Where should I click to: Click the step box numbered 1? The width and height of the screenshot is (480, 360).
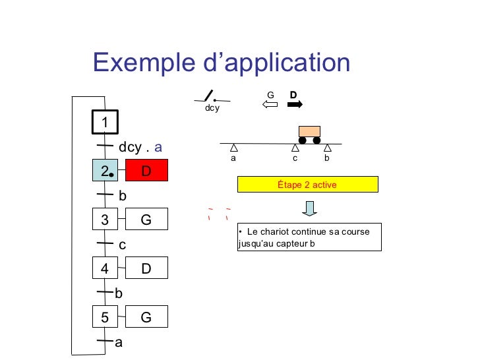point(104,122)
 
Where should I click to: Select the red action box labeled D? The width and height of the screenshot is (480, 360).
point(146,170)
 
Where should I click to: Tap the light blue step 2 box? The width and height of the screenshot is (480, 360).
point(104,170)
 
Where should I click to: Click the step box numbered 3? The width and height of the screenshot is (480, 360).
point(104,220)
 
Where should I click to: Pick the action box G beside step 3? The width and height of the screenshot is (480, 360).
point(146,220)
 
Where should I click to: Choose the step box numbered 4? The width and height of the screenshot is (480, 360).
point(104,268)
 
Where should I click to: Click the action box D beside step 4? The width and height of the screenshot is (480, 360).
point(146,268)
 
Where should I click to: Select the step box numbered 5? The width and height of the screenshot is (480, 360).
point(104,317)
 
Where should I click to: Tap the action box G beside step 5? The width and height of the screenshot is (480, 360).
point(146,317)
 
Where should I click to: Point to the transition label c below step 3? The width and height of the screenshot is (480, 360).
point(122,245)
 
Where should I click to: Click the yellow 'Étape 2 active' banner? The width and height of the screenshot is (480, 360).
point(307,185)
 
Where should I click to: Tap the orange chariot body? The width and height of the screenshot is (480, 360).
point(309,131)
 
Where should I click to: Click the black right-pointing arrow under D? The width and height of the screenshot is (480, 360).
point(295,104)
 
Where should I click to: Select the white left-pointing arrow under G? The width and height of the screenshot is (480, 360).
point(270,104)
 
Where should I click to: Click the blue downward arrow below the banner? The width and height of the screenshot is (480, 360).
point(310,208)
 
